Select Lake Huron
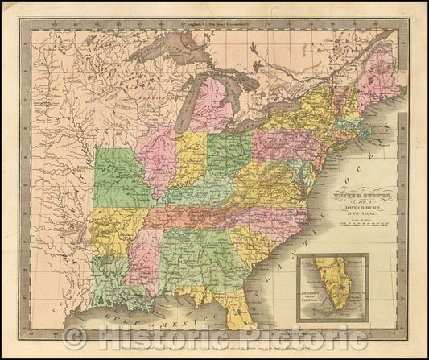(233, 93)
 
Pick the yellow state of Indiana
(192, 157)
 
